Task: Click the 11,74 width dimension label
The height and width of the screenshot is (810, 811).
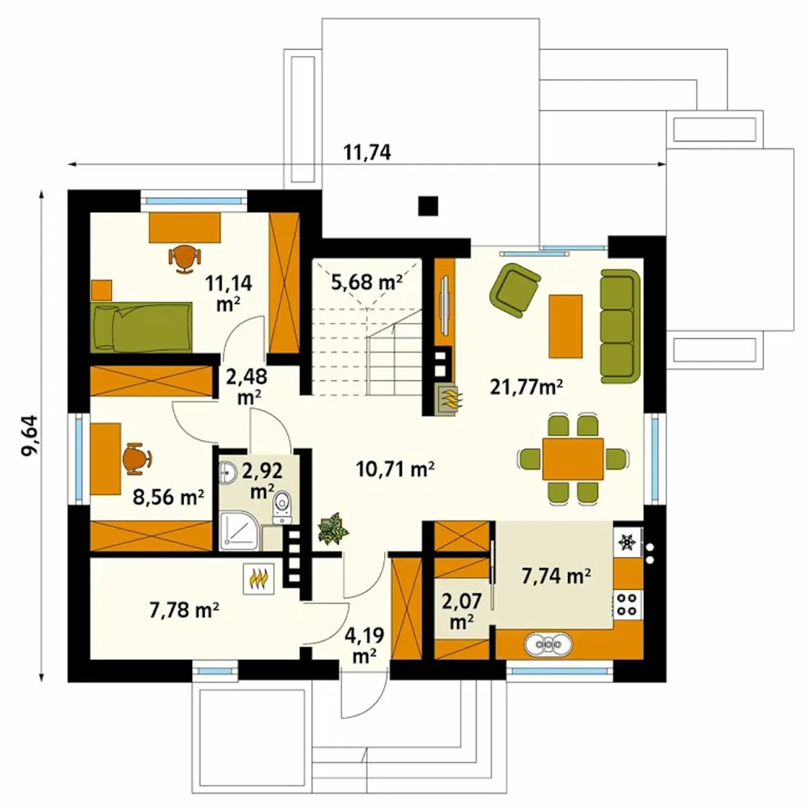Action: click(x=367, y=152)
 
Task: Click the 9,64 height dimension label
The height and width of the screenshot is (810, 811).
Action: click(x=30, y=435)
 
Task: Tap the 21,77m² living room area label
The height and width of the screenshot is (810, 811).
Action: click(x=526, y=387)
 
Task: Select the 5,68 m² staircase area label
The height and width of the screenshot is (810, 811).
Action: click(x=366, y=282)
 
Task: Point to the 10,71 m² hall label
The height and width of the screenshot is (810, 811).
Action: click(x=395, y=468)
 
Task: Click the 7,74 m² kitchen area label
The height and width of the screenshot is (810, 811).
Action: click(x=556, y=576)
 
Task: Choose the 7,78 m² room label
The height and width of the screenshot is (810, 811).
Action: click(x=184, y=610)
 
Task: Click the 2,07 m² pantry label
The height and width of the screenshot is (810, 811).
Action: click(x=462, y=610)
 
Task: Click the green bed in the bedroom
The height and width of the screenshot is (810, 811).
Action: click(x=141, y=326)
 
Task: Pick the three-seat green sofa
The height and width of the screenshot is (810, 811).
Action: click(x=620, y=326)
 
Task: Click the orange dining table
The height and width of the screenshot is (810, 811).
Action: click(x=573, y=459)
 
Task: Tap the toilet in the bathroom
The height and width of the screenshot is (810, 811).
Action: click(x=282, y=507)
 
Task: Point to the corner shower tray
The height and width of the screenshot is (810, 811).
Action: click(x=239, y=531)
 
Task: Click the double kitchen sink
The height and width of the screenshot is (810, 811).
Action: click(x=548, y=644)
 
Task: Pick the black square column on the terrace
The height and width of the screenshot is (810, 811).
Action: click(x=428, y=206)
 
